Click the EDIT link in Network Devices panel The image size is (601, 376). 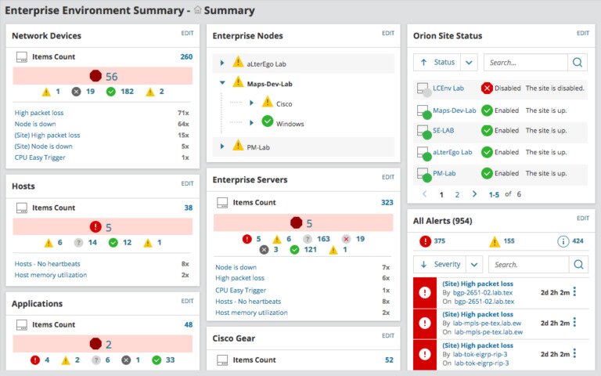point(187,34)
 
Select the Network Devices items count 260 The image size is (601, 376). point(186,56)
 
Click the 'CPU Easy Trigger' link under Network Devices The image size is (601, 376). point(40,157)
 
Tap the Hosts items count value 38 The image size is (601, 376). point(188,208)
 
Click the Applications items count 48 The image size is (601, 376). point(188,324)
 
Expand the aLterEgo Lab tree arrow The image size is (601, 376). point(222,63)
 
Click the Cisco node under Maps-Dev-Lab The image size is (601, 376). point(284,103)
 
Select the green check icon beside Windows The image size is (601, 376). point(267,122)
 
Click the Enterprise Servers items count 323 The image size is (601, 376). point(387,202)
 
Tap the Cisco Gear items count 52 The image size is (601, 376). point(389,360)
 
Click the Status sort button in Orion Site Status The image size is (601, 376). point(437,63)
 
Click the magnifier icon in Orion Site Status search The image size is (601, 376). point(578,63)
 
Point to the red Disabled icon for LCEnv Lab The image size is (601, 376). point(487,89)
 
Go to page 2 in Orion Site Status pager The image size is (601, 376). point(457,194)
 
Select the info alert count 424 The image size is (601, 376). point(578,241)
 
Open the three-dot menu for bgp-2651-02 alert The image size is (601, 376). point(574,292)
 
